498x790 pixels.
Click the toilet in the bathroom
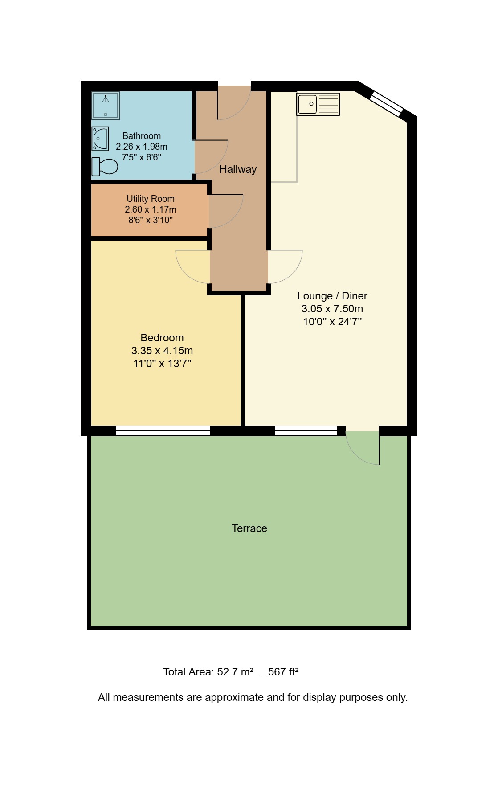(x=105, y=166)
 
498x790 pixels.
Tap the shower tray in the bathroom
(x=106, y=106)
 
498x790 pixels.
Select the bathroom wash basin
(x=100, y=139)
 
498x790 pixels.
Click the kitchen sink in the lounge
(x=318, y=104)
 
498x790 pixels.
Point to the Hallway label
(x=238, y=169)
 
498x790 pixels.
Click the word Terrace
(x=249, y=528)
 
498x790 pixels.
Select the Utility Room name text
(x=151, y=199)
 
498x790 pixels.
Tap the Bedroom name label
(x=162, y=338)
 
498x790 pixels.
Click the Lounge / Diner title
(x=332, y=296)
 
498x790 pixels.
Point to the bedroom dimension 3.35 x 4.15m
(x=162, y=351)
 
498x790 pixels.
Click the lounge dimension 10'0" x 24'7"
(x=332, y=322)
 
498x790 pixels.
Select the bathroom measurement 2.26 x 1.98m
(x=142, y=147)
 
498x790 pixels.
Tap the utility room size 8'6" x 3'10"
(x=151, y=220)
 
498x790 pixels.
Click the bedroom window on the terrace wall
(x=163, y=430)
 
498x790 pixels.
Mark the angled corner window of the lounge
(x=387, y=104)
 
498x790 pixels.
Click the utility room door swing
(x=225, y=211)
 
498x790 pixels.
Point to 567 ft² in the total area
(x=283, y=672)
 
